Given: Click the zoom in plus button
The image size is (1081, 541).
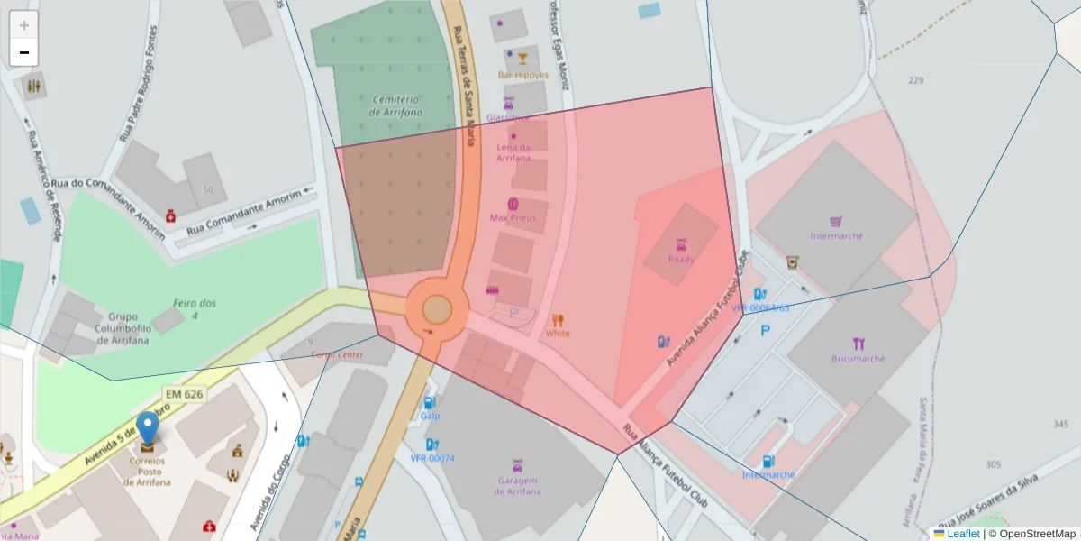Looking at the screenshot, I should pos(24,25).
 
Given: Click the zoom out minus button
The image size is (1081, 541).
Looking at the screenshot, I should pos(24,52).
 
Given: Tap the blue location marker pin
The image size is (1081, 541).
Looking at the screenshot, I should pos(147,431).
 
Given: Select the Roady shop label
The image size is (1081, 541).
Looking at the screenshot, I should pos(680,259).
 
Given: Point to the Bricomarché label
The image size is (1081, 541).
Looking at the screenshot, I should pos(858,358).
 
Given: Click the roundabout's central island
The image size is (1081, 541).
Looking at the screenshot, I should pos(437,309).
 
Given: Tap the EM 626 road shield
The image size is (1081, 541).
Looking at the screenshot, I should pos(185,394).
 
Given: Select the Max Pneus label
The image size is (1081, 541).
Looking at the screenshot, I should pos(513,217).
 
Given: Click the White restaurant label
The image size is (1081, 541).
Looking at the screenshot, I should pos(558,333).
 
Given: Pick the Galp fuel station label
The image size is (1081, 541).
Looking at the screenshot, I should pos(430,416).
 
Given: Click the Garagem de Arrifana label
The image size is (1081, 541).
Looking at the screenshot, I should pos(518,486).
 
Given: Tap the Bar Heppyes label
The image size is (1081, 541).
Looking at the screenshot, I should pos(522,75).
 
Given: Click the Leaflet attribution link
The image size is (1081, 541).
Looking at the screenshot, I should pos(963,534).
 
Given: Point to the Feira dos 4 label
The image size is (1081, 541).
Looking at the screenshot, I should pos(195,309).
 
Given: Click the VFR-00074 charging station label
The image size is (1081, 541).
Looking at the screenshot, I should pos(432,458).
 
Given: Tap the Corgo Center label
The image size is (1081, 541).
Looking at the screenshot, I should pos(337,354).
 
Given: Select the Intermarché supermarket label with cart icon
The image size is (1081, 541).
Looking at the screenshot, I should pos(836,235).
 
